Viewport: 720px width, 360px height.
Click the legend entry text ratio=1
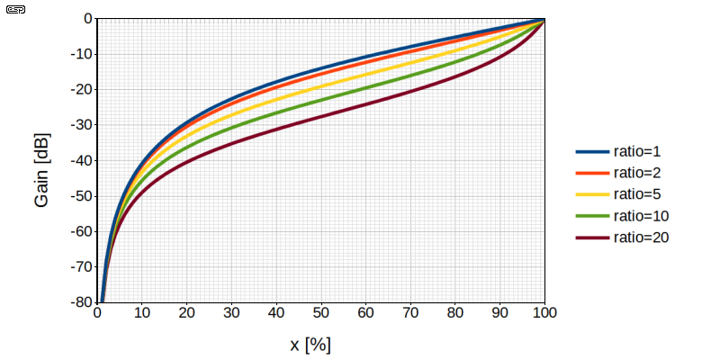coord(637,151)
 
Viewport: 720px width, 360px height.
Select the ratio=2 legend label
coord(637,173)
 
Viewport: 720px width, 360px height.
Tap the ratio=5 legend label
coord(637,194)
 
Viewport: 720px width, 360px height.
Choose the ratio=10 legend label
coord(641,216)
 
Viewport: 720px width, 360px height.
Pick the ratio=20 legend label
coord(641,238)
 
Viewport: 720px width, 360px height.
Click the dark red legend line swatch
coord(592,238)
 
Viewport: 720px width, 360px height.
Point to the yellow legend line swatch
coord(592,194)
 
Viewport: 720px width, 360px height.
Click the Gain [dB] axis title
coord(41,170)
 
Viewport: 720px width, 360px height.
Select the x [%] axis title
coord(310,345)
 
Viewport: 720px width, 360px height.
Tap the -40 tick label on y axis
coord(82,161)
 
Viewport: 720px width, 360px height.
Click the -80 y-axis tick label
coord(82,303)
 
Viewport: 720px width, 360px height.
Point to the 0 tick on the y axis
coord(88,19)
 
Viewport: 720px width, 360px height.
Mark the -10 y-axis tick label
coord(82,54)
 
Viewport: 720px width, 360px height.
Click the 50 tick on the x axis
coord(321,313)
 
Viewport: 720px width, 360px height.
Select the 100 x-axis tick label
coord(544,313)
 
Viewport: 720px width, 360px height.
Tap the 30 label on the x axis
coord(231,313)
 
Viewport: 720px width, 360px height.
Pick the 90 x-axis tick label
coord(500,313)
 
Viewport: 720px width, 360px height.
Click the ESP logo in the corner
coord(15,10)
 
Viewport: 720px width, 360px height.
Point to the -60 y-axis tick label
coord(82,232)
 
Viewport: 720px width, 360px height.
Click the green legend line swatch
coord(592,216)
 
